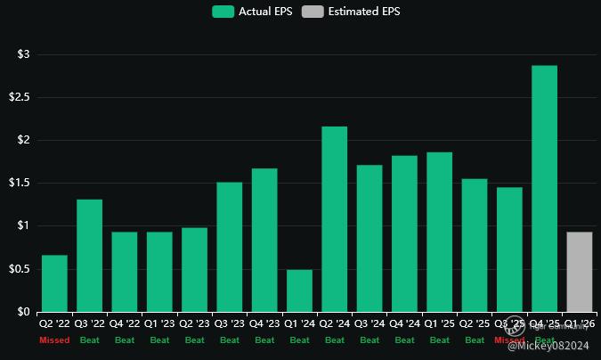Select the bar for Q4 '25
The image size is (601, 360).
pos(544,189)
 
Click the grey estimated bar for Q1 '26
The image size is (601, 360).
pos(580,272)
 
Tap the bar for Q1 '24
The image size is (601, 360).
pos(299,290)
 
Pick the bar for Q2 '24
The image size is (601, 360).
pos(334,219)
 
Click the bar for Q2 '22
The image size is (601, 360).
pos(54,283)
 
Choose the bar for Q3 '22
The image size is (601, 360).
pos(89,256)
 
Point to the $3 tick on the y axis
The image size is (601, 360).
pos(23,54)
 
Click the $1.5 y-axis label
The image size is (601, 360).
pos(20,183)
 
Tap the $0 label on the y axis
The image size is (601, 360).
pos(23,312)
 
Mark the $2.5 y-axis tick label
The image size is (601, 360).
pos(20,97)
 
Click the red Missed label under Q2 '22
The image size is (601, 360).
pos(54,340)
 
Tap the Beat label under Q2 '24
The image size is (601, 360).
pos(334,340)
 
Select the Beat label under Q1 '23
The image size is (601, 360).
pos(159,340)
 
